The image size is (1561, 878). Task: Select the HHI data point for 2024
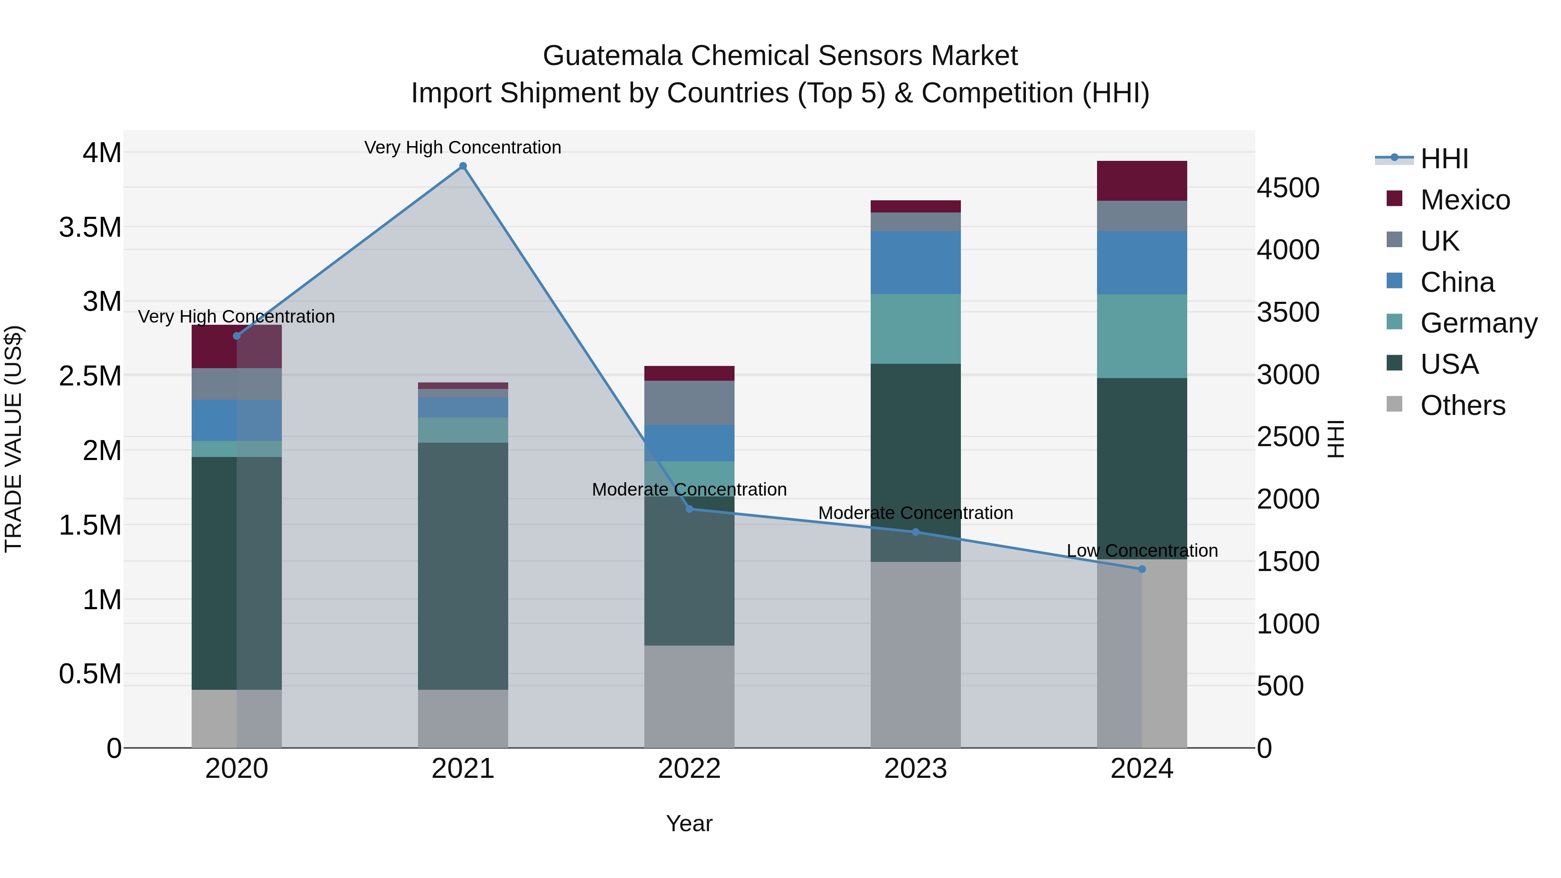coord(1142,569)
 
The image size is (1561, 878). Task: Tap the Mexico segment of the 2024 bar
coord(1142,180)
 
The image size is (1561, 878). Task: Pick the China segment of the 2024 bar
coord(1142,262)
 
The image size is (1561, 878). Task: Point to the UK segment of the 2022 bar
coord(689,402)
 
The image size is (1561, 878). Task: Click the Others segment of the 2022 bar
coord(689,696)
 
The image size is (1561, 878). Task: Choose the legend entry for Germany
coord(1479,323)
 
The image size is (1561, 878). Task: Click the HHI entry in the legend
coord(1444,159)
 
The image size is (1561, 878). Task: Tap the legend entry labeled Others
coord(1462,405)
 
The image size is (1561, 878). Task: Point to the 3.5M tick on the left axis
coord(90,228)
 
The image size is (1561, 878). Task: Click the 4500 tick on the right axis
coord(1288,188)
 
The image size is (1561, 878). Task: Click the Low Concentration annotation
coord(1142,551)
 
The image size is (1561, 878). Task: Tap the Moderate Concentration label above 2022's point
coord(689,489)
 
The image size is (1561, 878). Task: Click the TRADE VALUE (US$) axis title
coord(13,439)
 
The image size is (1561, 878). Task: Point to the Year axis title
coord(689,823)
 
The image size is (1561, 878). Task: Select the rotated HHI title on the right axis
coord(1336,439)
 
